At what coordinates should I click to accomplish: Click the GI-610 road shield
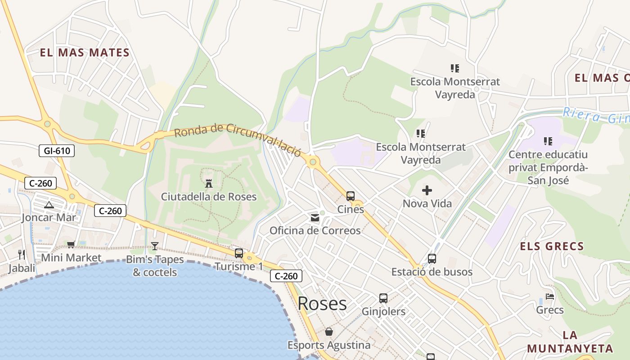(x=57, y=151)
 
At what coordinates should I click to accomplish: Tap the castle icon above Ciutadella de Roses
(x=208, y=183)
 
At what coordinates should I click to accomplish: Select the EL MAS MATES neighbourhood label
(x=85, y=53)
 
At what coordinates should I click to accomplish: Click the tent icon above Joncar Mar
(x=49, y=205)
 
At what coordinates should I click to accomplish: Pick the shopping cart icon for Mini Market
(x=71, y=245)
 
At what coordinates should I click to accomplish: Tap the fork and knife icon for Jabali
(x=22, y=255)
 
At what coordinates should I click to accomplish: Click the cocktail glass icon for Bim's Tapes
(x=155, y=246)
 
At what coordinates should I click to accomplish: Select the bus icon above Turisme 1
(x=239, y=253)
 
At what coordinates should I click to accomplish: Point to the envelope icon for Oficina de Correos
(x=315, y=218)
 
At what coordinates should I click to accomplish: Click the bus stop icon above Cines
(x=351, y=196)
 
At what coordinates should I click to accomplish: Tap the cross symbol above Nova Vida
(x=427, y=190)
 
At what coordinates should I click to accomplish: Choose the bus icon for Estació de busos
(x=432, y=259)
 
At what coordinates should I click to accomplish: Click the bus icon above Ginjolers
(x=383, y=298)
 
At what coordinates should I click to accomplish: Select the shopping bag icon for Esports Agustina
(x=329, y=332)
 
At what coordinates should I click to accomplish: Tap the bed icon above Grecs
(x=549, y=297)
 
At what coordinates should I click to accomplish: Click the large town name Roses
(x=322, y=304)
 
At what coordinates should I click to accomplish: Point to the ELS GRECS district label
(x=552, y=247)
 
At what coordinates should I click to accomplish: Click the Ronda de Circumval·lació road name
(x=237, y=139)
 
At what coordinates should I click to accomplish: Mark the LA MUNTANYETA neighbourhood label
(x=570, y=342)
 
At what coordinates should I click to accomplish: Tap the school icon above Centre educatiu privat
(x=548, y=141)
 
